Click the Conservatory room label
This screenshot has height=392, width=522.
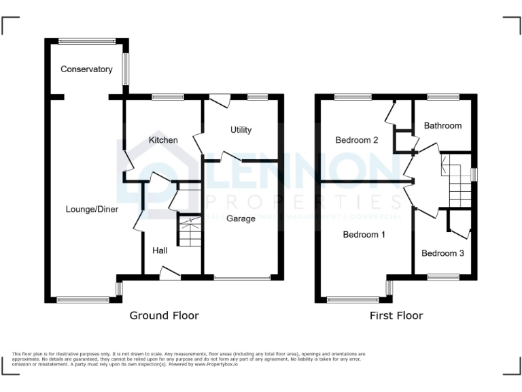tap(86, 69)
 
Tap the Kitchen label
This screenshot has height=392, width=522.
tap(163, 140)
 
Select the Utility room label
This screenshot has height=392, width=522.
tap(241, 130)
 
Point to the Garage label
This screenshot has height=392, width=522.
tap(241, 218)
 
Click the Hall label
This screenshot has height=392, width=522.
tap(160, 251)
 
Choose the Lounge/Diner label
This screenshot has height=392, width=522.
tap(92, 210)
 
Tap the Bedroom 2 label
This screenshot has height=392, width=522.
tap(357, 140)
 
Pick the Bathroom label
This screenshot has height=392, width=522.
tap(442, 126)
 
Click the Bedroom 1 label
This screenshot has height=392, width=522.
tap(364, 235)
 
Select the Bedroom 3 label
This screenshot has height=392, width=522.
tap(443, 254)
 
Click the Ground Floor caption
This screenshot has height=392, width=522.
tap(164, 316)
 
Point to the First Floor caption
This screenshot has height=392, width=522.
tap(396, 316)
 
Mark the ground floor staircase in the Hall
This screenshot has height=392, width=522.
tap(190, 231)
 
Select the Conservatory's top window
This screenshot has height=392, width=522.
tap(87, 41)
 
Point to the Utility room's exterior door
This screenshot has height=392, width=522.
tap(220, 100)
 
